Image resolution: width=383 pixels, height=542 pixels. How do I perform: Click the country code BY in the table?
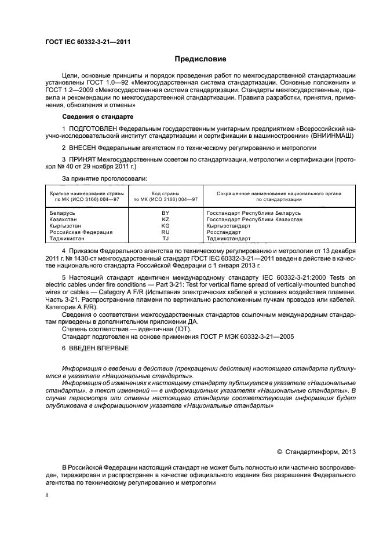pos(165,213)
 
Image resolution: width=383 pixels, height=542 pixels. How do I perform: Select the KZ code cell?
pos(165,219)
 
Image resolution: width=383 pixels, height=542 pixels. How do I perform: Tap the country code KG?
pos(165,226)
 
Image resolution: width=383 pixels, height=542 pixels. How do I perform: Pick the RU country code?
pos(165,232)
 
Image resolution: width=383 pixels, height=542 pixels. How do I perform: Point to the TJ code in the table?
pos(165,239)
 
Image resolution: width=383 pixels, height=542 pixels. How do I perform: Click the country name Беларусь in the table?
pos(63,213)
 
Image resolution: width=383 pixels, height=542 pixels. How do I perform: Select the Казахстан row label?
pos(64,219)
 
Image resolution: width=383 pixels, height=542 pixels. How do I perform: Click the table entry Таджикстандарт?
pos(228,239)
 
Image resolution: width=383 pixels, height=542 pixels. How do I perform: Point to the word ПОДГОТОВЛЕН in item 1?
pos(93,127)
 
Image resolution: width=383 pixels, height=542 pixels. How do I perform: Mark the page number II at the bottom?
pos(47,496)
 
